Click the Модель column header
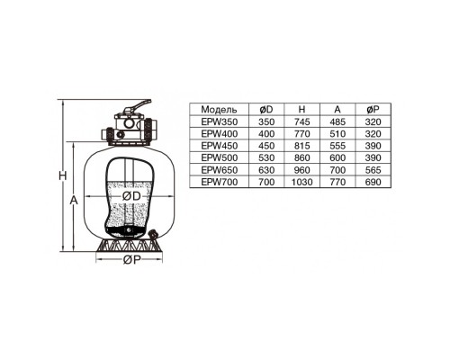tap(219, 110)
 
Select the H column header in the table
tap(301, 110)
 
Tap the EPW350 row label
tap(220, 121)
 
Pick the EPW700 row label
tap(220, 182)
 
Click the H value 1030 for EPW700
tap(301, 182)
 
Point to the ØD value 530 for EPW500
tap(266, 157)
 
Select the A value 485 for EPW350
tap(337, 121)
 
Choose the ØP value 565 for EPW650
tap(373, 170)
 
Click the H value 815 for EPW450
tap(301, 146)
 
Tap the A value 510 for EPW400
tap(337, 134)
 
